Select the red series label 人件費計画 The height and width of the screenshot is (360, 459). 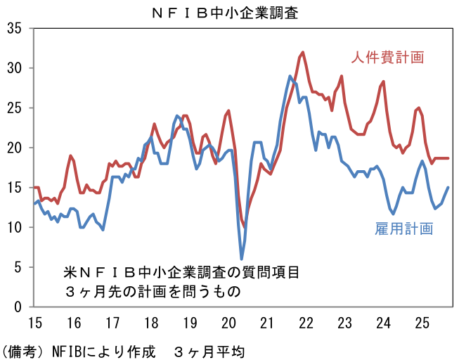coord(389,57)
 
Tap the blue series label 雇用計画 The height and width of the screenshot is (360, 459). coord(403,229)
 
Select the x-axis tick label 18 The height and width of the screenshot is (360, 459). coord(150,323)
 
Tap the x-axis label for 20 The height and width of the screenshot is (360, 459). coord(228,323)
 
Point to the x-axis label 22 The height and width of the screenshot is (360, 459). coord(306,323)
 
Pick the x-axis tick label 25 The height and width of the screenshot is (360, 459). coord(422,323)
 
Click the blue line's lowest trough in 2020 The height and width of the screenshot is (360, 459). coord(242,259)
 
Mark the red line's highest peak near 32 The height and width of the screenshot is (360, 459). coord(302,52)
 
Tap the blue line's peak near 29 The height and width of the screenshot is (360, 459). coord(290,76)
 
